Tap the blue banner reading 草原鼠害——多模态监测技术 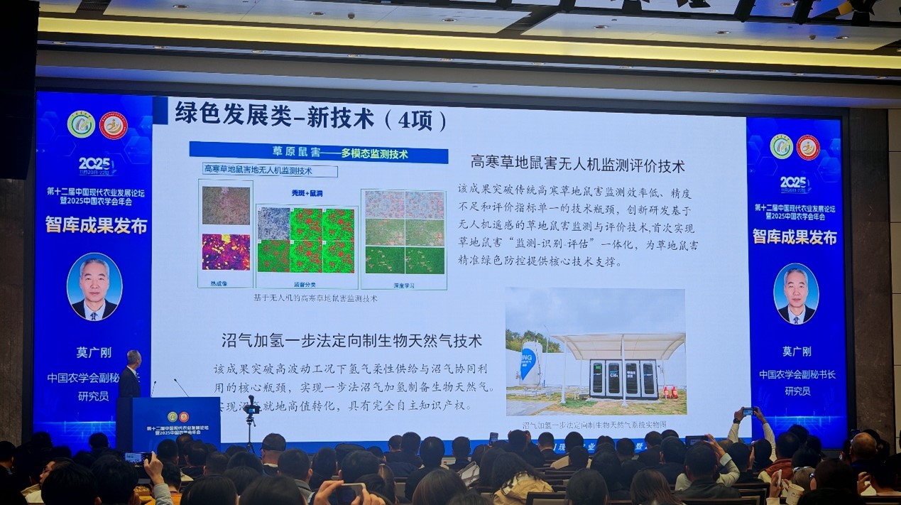pyautogui.click(x=318, y=153)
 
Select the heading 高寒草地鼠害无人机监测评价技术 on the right pyautogui.click(x=577, y=165)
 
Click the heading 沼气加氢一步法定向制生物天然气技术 pyautogui.click(x=351, y=341)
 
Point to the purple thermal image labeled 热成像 pyautogui.click(x=226, y=252)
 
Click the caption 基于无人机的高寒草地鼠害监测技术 pyautogui.click(x=315, y=299)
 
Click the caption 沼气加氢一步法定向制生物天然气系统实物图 pyautogui.click(x=594, y=425)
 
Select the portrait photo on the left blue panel pyautogui.click(x=94, y=286)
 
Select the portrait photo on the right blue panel pyautogui.click(x=795, y=293)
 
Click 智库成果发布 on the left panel pyautogui.click(x=97, y=226)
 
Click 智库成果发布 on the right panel pyautogui.click(x=794, y=237)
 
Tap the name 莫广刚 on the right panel pyautogui.click(x=796, y=352)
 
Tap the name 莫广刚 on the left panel pyautogui.click(x=94, y=352)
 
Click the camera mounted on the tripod pyautogui.click(x=251, y=407)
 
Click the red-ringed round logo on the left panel pyautogui.click(x=113, y=126)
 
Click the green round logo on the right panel pyautogui.click(x=781, y=146)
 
